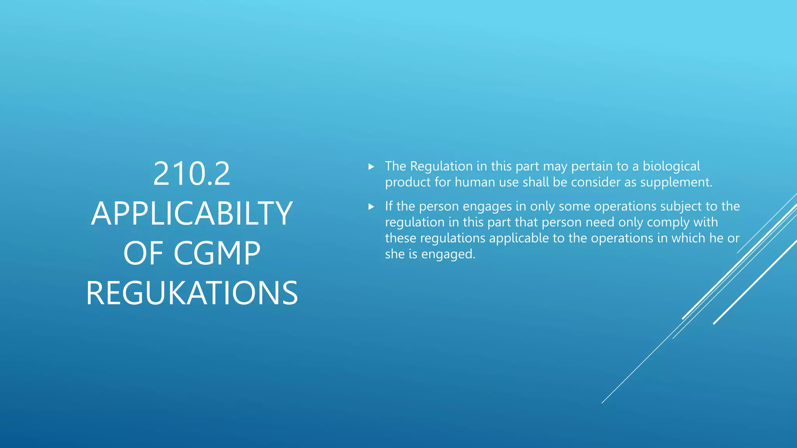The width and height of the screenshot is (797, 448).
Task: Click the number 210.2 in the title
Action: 191,174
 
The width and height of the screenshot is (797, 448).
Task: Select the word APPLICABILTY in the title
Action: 191,213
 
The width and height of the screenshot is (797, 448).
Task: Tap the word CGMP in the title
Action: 217,253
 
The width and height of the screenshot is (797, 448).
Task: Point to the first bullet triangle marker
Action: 371,167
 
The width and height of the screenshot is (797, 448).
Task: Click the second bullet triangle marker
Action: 371,207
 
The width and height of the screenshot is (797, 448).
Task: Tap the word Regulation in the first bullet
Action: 441,166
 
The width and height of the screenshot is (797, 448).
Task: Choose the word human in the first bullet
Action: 475,182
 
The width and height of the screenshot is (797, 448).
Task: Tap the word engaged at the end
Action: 448,254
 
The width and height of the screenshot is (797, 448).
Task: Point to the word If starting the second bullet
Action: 389,206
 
